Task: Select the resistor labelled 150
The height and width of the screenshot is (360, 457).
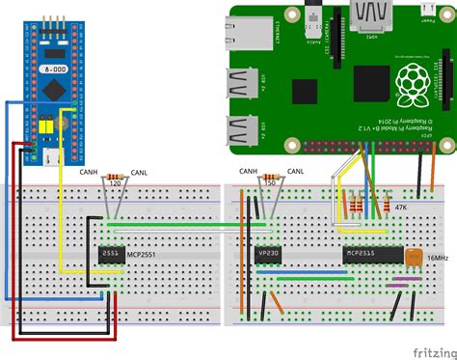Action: click(x=270, y=172)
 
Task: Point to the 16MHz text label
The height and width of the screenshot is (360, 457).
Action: click(x=437, y=259)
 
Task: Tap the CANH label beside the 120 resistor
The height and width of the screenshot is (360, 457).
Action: click(x=88, y=174)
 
